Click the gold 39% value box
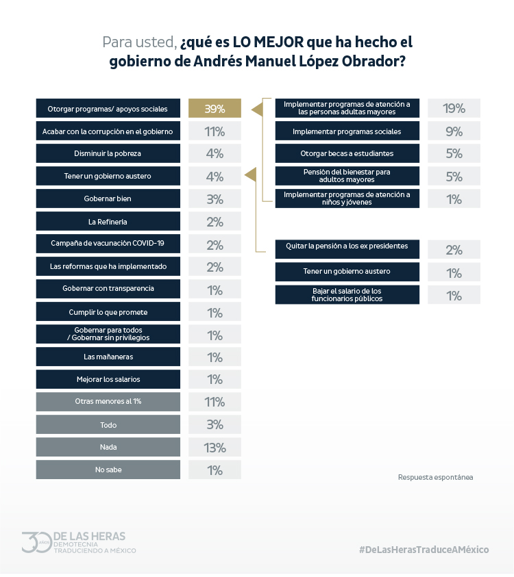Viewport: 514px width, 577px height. pos(215,109)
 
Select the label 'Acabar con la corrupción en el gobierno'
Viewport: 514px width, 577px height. pos(109,131)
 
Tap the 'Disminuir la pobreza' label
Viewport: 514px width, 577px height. pos(109,153)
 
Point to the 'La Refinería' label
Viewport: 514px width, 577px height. pos(109,221)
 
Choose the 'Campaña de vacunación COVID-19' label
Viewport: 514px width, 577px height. pos(109,243)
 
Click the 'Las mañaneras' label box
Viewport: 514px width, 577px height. pos(109,357)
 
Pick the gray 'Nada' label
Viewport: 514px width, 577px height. pos(109,447)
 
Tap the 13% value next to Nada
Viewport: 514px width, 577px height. pos(215,448)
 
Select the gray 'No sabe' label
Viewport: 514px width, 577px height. pos(109,470)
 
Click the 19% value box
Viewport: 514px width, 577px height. pos(454,108)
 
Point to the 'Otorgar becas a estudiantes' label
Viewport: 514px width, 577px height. pos(347,153)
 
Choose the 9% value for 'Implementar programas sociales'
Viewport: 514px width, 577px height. pos(454,131)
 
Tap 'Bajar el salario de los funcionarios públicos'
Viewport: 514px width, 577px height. pos(347,295)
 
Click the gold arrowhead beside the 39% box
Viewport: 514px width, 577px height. pos(258,109)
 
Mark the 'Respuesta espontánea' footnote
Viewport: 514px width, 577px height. pos(435,477)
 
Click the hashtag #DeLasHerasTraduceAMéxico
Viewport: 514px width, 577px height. pos(423,550)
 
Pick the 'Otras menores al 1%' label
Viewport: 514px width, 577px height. pos(109,402)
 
